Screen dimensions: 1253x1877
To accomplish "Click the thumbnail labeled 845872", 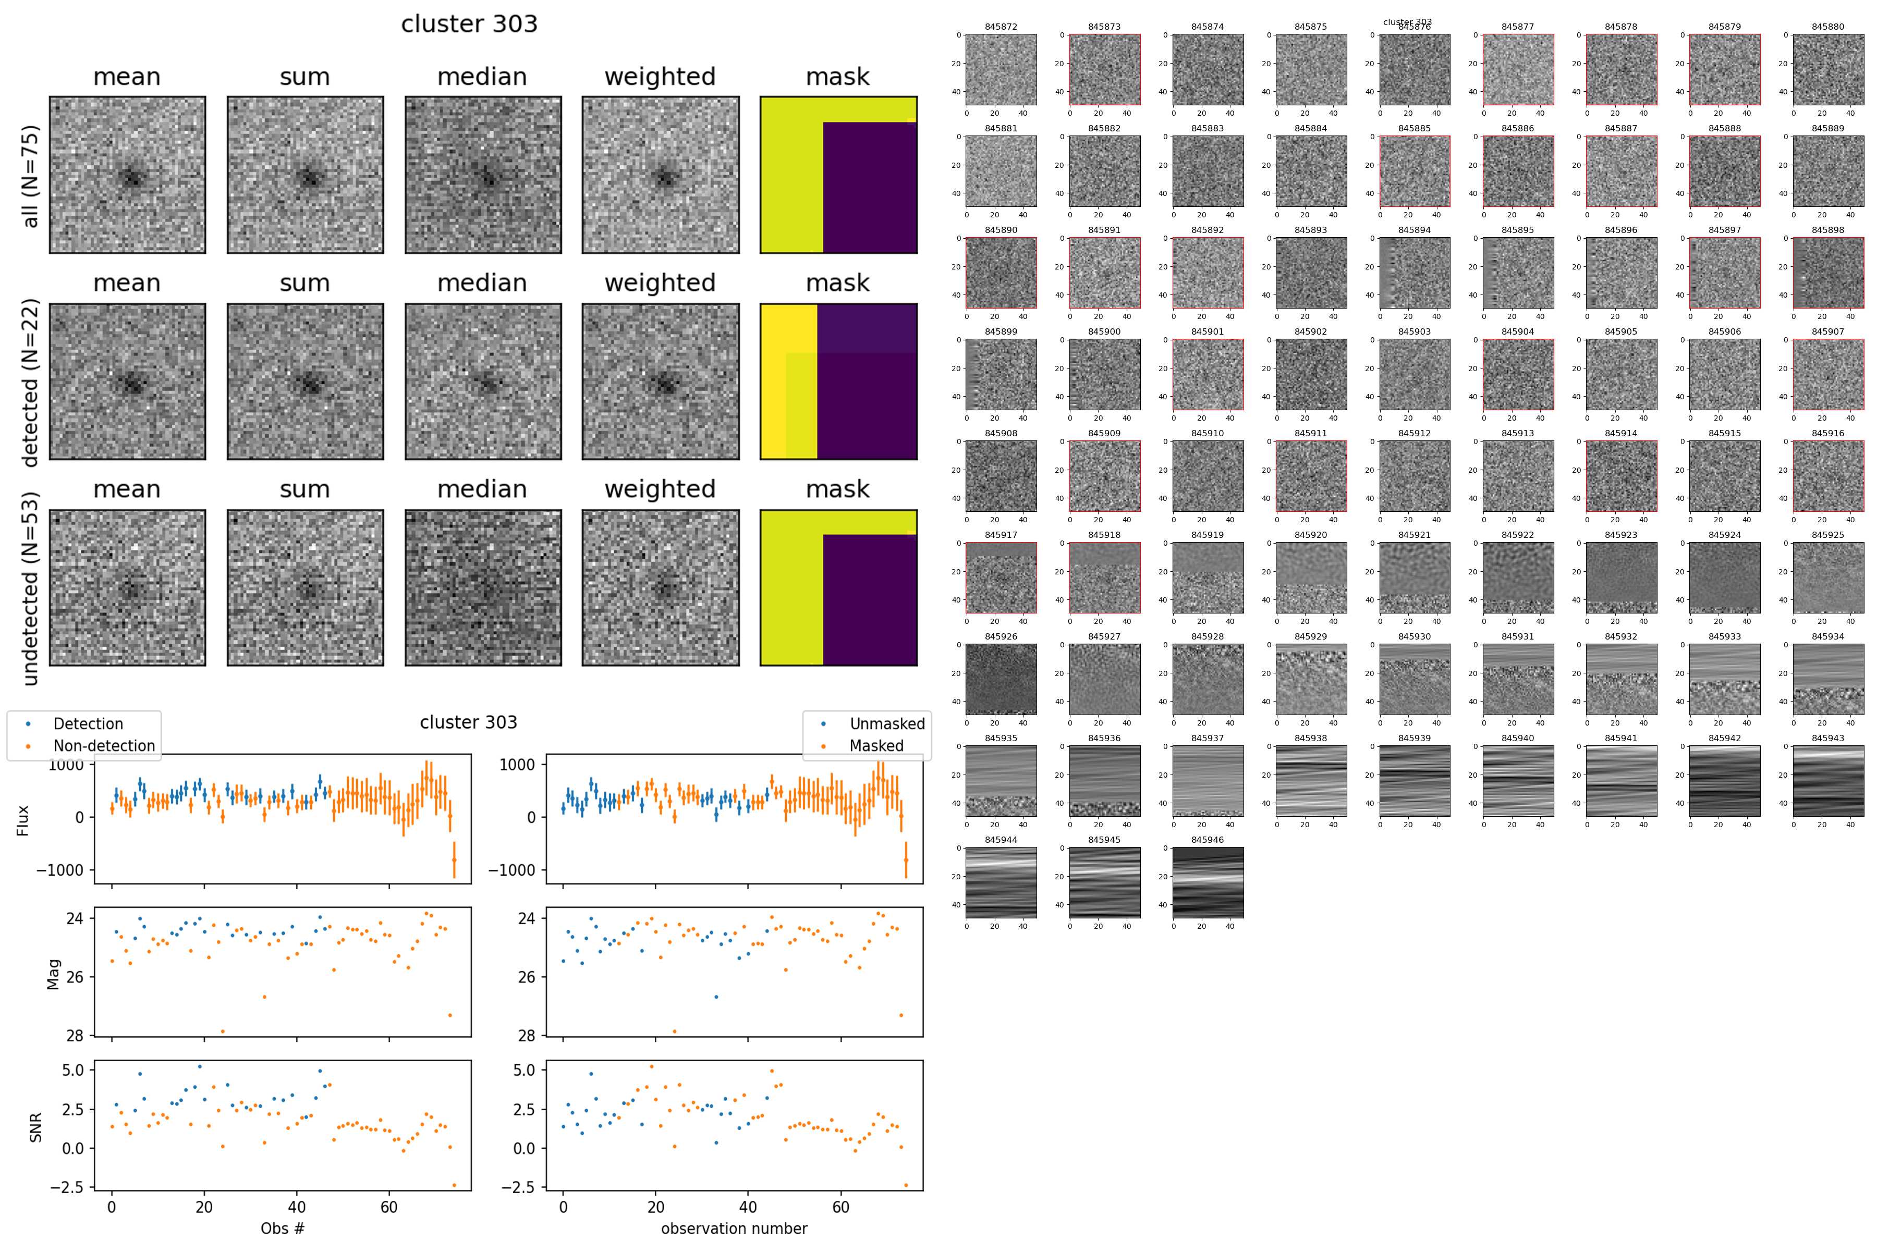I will (x=1001, y=69).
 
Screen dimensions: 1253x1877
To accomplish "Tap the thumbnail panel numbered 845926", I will (x=1001, y=679).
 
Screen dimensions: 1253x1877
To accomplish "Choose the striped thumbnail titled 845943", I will (x=1827, y=781).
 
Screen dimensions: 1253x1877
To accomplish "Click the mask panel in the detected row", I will (x=838, y=381).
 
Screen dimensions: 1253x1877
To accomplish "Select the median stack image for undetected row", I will (x=483, y=587).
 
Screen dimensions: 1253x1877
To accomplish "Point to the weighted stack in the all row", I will (x=660, y=175).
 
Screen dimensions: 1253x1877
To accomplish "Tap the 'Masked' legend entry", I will (x=876, y=745).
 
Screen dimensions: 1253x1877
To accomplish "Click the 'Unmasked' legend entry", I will (x=886, y=724).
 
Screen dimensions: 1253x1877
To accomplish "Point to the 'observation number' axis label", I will (x=734, y=1228).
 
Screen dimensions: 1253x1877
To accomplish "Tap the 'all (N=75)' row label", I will (x=30, y=176).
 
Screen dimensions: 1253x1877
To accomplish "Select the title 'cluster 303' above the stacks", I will (x=469, y=24).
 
